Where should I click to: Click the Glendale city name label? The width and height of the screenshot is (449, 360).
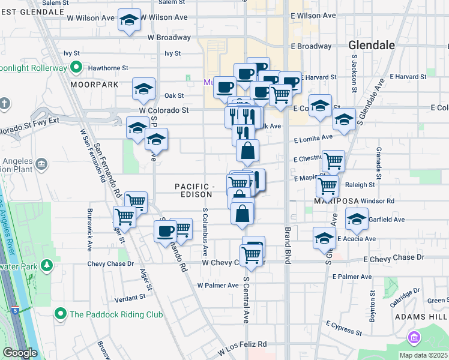[x=372, y=46]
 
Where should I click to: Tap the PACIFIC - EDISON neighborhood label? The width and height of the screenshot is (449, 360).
[x=195, y=190]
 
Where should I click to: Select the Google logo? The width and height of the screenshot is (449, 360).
[x=20, y=353]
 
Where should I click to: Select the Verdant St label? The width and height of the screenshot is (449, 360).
[x=130, y=297]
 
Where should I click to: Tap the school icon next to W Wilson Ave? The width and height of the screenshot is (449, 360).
[x=129, y=20]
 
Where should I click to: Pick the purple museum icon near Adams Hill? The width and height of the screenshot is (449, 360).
[x=414, y=338]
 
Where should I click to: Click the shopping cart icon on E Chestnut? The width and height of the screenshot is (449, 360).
[x=333, y=161]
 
